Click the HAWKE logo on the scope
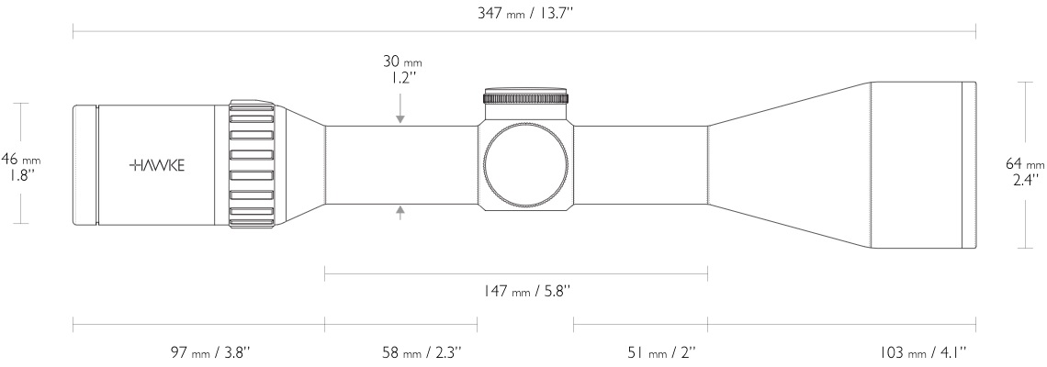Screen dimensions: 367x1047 point(157,165)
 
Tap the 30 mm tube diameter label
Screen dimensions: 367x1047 point(401,62)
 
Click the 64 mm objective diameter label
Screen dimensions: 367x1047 point(1025,162)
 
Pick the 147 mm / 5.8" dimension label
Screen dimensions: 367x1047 point(516,291)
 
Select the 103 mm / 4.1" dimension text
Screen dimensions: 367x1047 point(919,351)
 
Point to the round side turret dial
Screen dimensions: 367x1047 point(524,164)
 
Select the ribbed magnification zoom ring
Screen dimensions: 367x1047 point(252,164)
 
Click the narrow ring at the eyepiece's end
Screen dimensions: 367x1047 point(84,164)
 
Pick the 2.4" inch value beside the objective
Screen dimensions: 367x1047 point(1025,177)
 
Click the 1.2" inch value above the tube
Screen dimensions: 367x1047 point(401,78)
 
